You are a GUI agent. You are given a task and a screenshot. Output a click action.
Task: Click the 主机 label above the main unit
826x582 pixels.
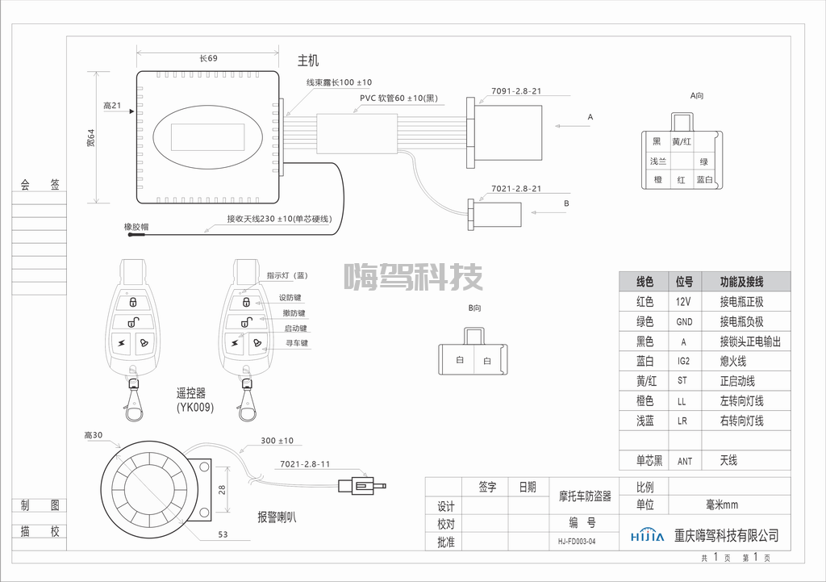(x=308, y=61)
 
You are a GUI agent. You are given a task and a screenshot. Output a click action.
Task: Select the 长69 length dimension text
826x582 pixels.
(x=208, y=58)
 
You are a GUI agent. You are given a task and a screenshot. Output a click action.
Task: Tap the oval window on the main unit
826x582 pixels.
(x=208, y=136)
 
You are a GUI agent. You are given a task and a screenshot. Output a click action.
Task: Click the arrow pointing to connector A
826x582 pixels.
(x=568, y=126)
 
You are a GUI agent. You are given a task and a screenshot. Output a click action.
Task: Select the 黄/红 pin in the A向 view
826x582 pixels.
(x=682, y=142)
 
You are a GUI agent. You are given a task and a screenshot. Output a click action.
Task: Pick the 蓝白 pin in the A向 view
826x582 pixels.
(x=704, y=180)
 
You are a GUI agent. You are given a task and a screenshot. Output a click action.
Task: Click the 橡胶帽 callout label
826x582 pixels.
(x=136, y=228)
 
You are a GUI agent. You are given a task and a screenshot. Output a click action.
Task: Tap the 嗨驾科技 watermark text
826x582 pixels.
(x=413, y=277)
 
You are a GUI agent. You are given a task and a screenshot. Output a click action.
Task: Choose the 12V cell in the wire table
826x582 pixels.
(x=683, y=302)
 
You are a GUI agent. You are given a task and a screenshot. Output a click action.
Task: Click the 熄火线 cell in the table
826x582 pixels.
(x=733, y=362)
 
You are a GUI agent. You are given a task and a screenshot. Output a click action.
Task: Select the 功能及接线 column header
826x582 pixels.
(x=741, y=282)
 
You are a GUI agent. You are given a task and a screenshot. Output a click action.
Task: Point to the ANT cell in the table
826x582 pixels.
(x=684, y=462)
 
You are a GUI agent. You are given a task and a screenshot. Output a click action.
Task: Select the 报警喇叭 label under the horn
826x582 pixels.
(x=277, y=517)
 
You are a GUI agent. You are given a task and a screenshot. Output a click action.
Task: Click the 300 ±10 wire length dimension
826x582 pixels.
(x=277, y=441)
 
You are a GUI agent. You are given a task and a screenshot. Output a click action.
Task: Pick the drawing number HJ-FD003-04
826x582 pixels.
(x=576, y=542)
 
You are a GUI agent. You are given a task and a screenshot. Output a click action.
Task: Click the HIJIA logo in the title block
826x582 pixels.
(x=647, y=536)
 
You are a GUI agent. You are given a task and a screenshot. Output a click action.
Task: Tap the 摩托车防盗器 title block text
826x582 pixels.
(x=585, y=496)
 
